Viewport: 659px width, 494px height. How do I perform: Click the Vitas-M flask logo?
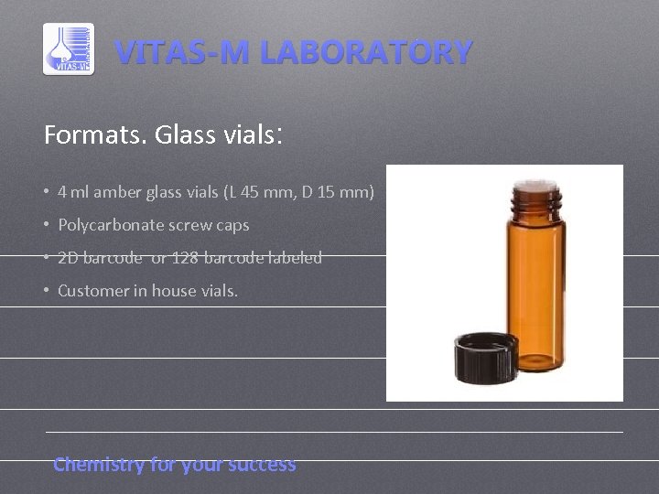click(69, 49)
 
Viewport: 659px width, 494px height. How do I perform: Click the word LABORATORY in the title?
click(365, 52)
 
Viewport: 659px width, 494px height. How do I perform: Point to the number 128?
click(183, 258)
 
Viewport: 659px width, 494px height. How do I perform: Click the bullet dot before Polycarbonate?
click(46, 225)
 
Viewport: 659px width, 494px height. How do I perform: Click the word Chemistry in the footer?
click(99, 465)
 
